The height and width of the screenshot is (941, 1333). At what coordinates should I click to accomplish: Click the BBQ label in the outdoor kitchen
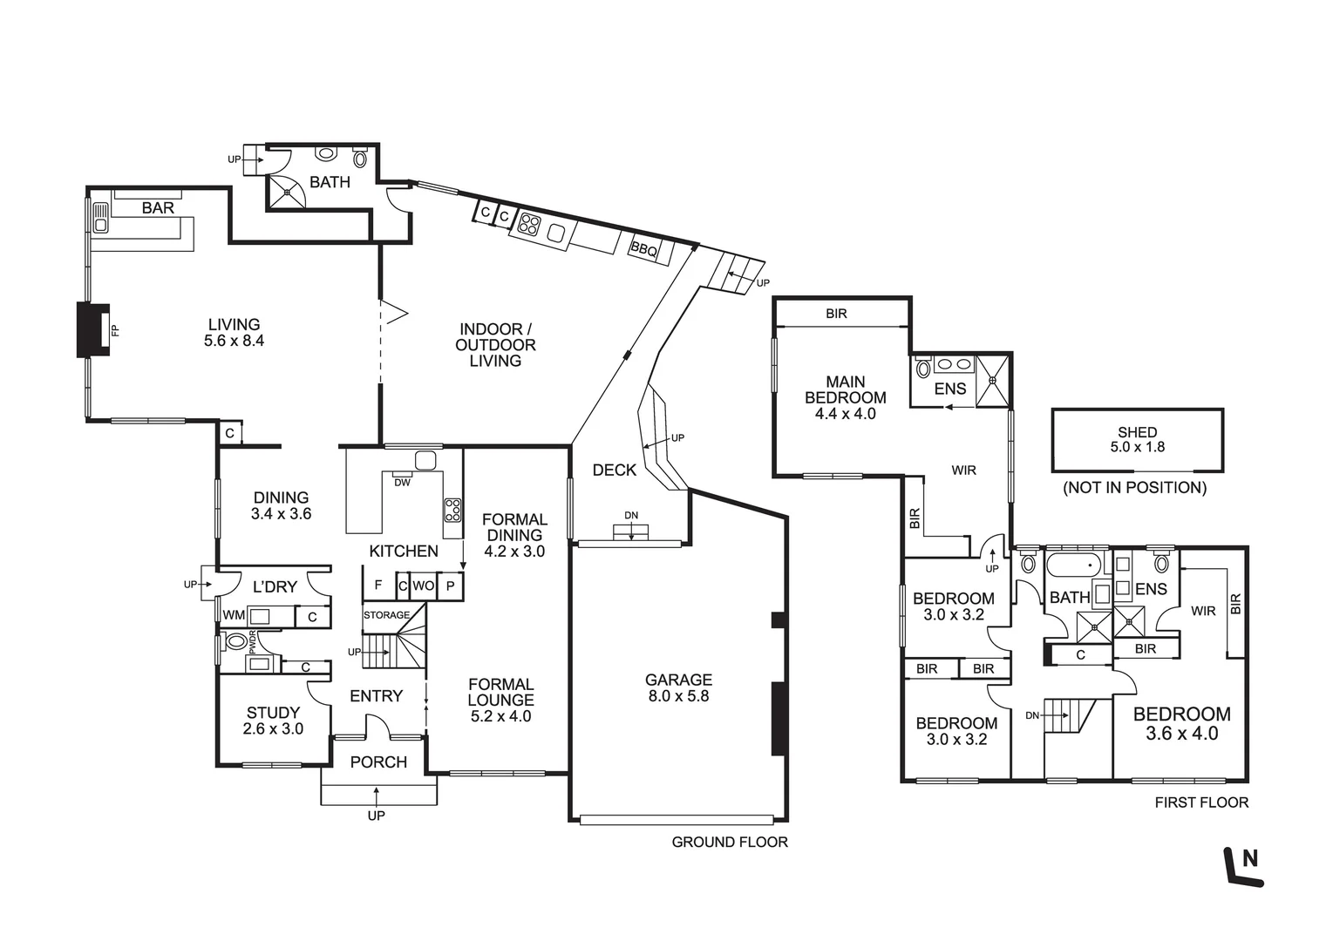pyautogui.click(x=643, y=249)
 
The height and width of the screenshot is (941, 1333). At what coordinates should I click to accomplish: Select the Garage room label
pyautogui.click(x=678, y=680)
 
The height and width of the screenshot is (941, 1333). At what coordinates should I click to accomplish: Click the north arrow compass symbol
pyautogui.click(x=1244, y=866)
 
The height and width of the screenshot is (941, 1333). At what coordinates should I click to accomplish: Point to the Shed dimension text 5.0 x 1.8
pyautogui.click(x=1137, y=447)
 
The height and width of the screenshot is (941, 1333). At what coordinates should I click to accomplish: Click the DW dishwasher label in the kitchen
pyautogui.click(x=402, y=483)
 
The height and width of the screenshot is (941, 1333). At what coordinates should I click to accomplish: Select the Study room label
pyautogui.click(x=273, y=713)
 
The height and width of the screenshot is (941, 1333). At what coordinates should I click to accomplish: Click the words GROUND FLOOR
pyautogui.click(x=729, y=842)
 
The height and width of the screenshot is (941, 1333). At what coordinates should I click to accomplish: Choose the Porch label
pyautogui.click(x=378, y=762)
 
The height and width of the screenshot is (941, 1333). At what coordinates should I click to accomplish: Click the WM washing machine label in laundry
pyautogui.click(x=233, y=616)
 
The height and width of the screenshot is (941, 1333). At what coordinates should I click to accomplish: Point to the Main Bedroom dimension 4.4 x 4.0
pyautogui.click(x=845, y=414)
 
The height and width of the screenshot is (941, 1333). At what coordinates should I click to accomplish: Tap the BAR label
pyautogui.click(x=158, y=208)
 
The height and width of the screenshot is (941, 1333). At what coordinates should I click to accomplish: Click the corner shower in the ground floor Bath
pyautogui.click(x=285, y=193)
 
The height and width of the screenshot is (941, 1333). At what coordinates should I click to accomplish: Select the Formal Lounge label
pyautogui.click(x=500, y=692)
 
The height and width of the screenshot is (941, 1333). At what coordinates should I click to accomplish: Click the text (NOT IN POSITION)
pyautogui.click(x=1134, y=488)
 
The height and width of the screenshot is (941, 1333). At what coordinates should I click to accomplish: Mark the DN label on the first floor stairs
pyautogui.click(x=1032, y=715)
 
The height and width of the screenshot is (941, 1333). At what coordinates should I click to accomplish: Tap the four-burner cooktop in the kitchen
pyautogui.click(x=452, y=509)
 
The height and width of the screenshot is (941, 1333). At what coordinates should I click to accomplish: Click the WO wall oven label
pyautogui.click(x=423, y=586)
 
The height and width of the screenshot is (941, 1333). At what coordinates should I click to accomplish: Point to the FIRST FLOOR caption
pyautogui.click(x=1201, y=802)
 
